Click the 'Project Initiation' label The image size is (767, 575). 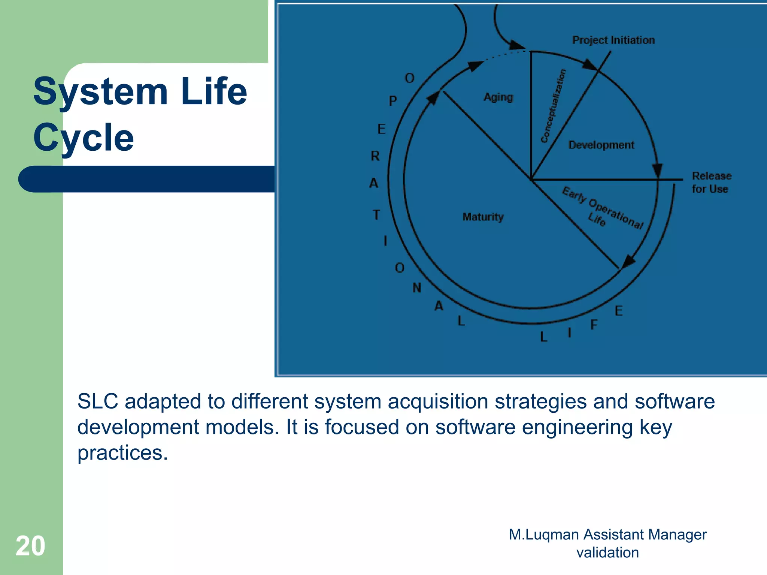point(613,40)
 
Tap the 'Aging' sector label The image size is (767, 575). point(498,97)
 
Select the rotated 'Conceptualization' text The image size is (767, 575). point(553,106)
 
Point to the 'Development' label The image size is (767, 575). point(601,145)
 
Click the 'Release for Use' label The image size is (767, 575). point(711,182)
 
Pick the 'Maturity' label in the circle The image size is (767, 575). point(483,217)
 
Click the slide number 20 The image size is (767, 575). point(30,546)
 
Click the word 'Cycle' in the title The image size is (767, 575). point(83,138)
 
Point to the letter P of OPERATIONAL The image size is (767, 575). point(392,101)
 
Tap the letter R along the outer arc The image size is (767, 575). point(375,156)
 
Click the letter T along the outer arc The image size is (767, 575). point(376,215)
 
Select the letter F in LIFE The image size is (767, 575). point(594,325)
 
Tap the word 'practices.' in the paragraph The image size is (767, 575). point(122,453)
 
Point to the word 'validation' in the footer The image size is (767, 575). point(607,553)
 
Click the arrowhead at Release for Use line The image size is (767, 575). point(658,171)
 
